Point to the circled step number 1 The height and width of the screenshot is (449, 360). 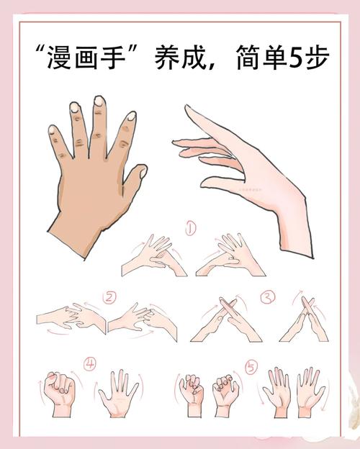[x=192, y=229]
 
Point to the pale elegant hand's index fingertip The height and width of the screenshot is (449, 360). [x=186, y=108]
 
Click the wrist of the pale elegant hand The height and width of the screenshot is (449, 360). [x=295, y=230]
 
